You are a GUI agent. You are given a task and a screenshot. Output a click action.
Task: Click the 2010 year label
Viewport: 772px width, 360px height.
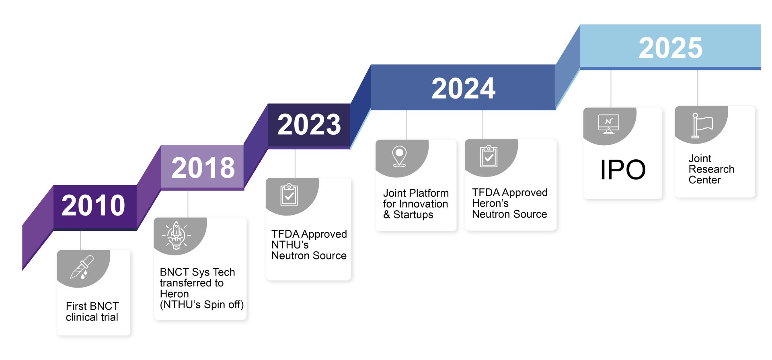(93, 205)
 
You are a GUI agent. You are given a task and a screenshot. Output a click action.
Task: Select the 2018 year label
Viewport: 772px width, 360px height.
(203, 167)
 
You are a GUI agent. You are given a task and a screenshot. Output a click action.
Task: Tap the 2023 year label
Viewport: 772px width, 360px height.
(309, 124)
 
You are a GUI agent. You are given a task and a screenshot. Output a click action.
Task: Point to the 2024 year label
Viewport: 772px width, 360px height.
(463, 88)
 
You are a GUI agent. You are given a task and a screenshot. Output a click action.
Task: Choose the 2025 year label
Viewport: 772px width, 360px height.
(671, 48)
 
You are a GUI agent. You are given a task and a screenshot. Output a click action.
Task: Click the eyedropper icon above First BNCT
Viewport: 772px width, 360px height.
(82, 267)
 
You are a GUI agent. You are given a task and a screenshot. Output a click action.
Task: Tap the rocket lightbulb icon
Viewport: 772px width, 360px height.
(176, 236)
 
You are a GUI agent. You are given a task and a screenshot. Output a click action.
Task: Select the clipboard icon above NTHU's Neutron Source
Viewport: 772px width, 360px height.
(289, 195)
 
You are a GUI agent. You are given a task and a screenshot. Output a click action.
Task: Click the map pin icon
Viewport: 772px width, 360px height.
(399, 156)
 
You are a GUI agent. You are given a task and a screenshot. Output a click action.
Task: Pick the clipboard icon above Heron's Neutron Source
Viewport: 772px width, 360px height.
(489, 156)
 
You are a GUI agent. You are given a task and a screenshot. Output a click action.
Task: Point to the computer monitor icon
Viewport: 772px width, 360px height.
(609, 124)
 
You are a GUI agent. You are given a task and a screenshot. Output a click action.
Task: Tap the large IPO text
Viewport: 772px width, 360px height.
(623, 169)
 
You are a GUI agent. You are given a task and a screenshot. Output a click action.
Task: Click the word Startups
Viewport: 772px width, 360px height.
(413, 215)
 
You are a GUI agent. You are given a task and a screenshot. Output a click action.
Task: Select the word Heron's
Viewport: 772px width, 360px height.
(490, 203)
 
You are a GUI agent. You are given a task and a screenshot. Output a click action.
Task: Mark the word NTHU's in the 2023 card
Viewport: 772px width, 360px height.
(290, 245)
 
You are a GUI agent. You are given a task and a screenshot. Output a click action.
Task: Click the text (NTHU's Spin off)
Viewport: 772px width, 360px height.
(202, 305)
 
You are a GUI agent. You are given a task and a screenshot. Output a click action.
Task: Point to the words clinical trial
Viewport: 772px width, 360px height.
(92, 317)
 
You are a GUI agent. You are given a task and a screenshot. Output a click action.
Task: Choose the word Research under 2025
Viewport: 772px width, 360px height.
(711, 169)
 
